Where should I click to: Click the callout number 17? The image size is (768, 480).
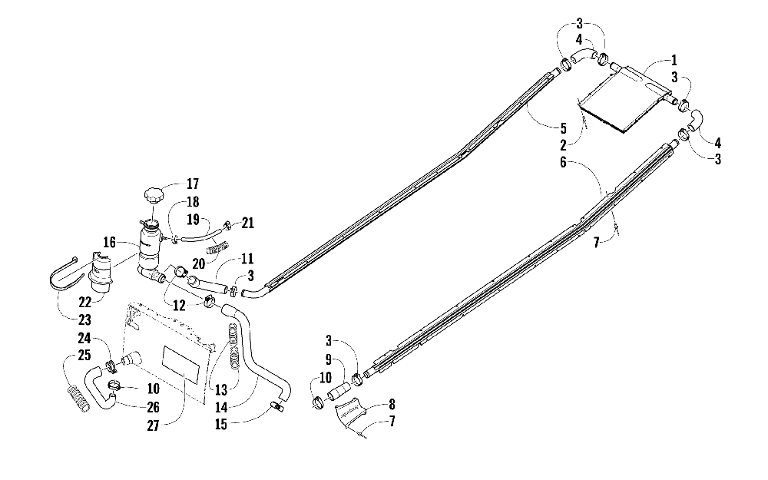click(x=192, y=184)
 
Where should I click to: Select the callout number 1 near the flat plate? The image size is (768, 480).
click(x=674, y=60)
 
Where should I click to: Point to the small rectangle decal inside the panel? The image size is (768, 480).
click(x=182, y=361)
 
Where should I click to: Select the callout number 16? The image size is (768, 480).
click(x=110, y=243)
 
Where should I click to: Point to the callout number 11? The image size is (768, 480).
click(x=247, y=260)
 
